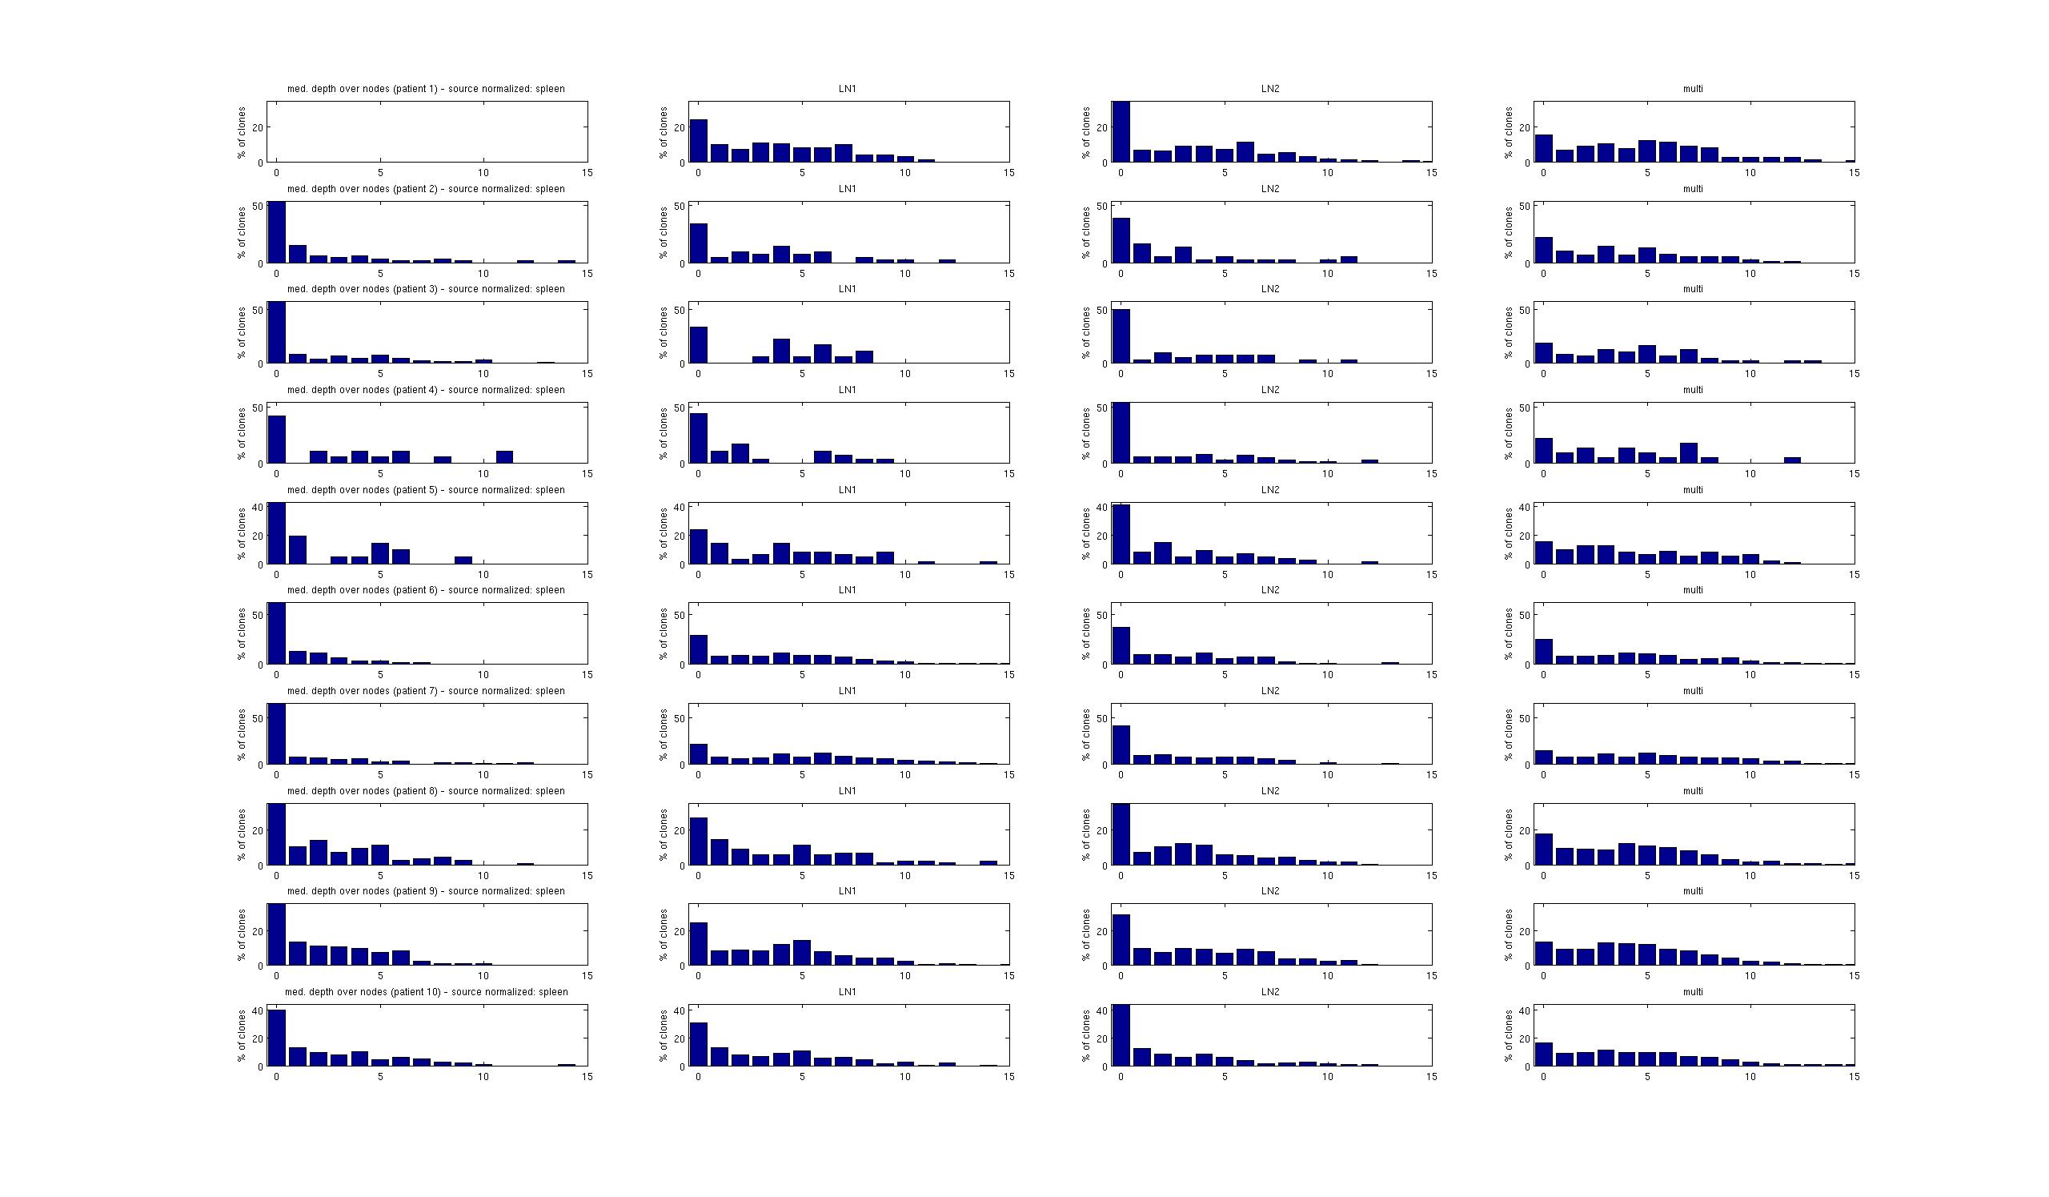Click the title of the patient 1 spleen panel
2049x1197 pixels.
click(x=425, y=89)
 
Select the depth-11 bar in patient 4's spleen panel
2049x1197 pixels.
click(x=504, y=457)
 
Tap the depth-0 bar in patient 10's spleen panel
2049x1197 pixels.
click(x=276, y=1037)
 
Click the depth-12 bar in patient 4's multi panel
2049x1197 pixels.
click(x=1792, y=460)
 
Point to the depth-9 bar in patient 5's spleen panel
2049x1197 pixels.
click(x=463, y=560)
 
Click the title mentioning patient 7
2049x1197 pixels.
click(x=425, y=690)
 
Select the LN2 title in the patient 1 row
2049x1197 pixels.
click(x=1270, y=89)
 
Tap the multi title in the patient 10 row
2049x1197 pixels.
click(x=1692, y=992)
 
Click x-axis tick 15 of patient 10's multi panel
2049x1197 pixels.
click(x=1854, y=1077)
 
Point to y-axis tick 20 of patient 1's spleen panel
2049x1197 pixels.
click(x=258, y=127)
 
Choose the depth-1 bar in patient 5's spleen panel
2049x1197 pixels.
click(x=298, y=550)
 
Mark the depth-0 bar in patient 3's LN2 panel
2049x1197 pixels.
click(x=1121, y=335)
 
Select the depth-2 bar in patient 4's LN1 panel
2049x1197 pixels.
click(x=740, y=453)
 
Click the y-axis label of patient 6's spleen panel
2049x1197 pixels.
click(x=242, y=633)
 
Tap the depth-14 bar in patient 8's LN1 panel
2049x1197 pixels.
click(x=988, y=862)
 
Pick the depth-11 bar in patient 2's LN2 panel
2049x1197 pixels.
click(x=1349, y=259)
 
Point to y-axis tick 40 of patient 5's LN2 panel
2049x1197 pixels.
click(x=1103, y=508)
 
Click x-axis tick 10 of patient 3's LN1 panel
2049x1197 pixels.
click(x=905, y=374)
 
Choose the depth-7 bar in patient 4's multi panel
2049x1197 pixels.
click(x=1689, y=453)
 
